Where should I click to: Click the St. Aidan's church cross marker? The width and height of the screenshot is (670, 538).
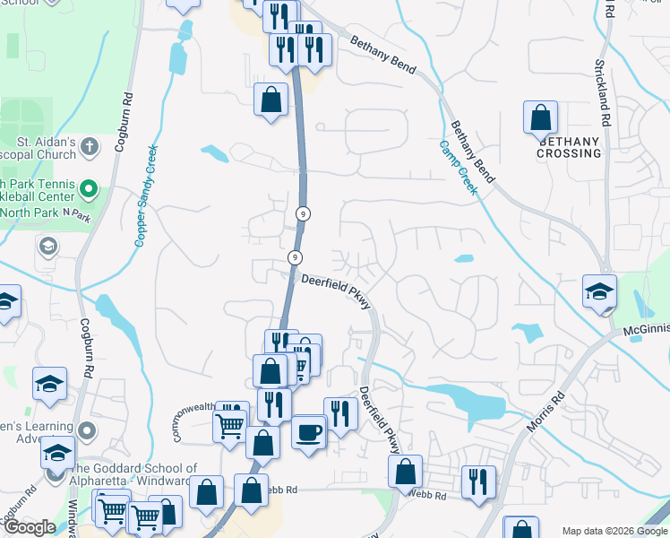[x=89, y=144]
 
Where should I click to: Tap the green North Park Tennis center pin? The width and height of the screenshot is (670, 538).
[x=89, y=190]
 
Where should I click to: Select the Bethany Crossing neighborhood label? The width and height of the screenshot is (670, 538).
[x=569, y=147]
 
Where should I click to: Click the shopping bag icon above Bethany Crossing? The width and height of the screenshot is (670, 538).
[x=540, y=117]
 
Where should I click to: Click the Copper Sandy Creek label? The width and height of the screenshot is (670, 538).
[x=146, y=195]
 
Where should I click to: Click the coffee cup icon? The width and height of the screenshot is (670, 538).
[x=309, y=433]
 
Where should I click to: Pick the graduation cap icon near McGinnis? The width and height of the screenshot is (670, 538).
[x=599, y=291]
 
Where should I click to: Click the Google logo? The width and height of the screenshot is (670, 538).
[x=30, y=527]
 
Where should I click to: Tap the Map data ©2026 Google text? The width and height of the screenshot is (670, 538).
[x=614, y=531]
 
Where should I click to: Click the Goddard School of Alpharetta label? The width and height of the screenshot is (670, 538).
[x=134, y=475]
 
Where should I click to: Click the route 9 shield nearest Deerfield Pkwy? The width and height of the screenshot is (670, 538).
[x=294, y=257]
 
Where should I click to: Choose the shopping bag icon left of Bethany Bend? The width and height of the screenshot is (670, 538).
[x=271, y=100]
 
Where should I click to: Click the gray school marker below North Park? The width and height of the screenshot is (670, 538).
[x=47, y=245]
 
